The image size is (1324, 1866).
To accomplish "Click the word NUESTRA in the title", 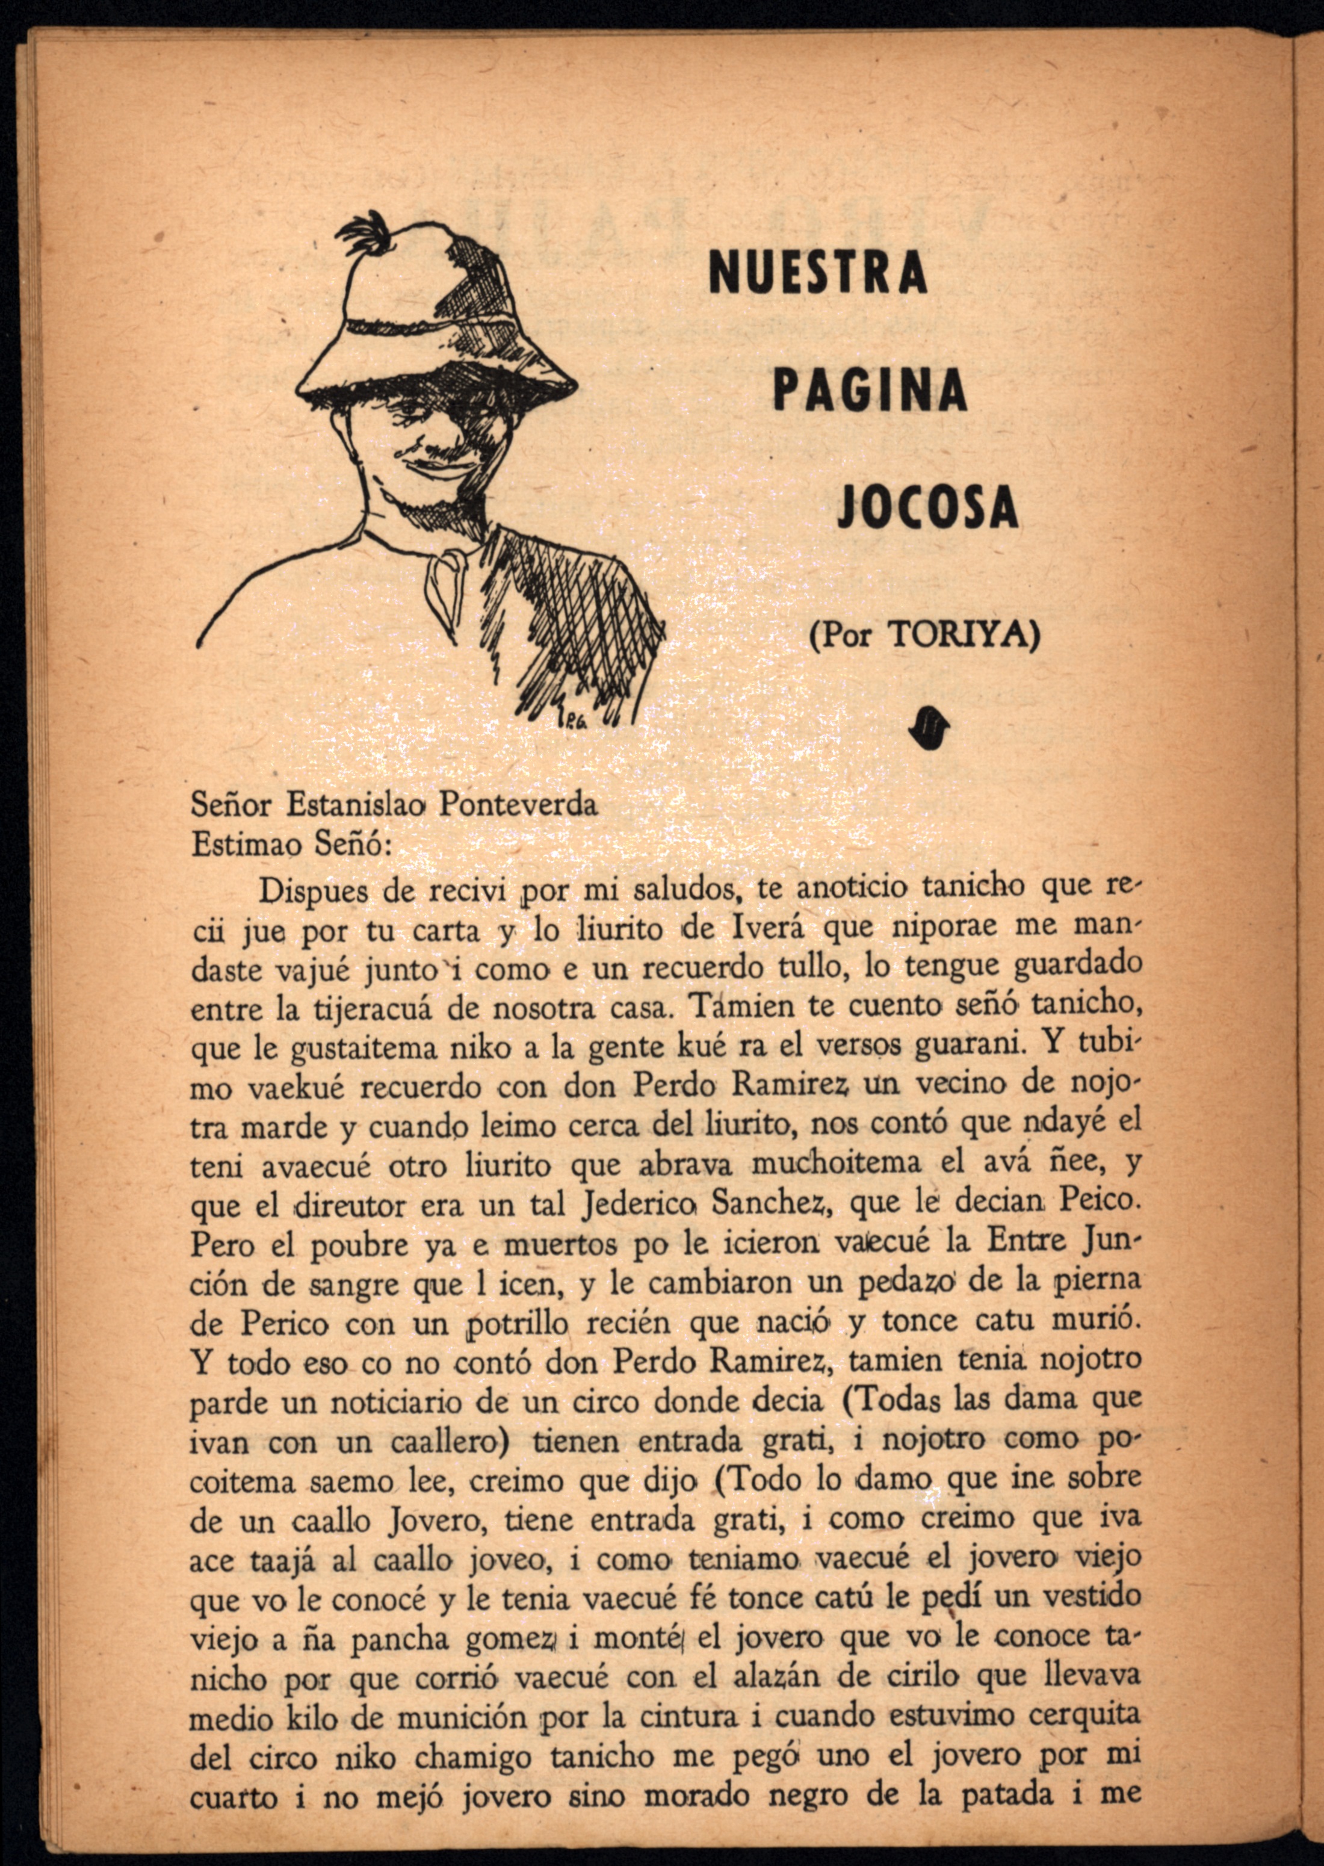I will [818, 271].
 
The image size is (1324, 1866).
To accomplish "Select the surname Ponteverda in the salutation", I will [519, 805].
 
